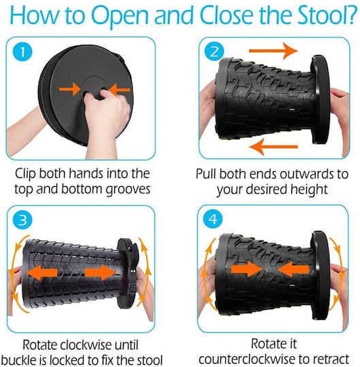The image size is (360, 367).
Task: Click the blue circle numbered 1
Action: point(22,52)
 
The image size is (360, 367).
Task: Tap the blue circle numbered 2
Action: point(214,52)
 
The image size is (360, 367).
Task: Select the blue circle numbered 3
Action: point(22,220)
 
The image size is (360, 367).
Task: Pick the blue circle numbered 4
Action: point(213,220)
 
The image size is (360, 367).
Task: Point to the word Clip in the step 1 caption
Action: point(25,175)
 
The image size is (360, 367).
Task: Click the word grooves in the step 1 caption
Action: point(128,190)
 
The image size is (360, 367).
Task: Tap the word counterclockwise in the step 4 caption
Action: point(247,359)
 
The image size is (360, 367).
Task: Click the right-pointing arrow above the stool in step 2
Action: point(274,51)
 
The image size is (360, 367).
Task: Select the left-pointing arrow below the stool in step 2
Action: point(274,147)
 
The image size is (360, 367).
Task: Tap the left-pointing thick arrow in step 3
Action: point(42,273)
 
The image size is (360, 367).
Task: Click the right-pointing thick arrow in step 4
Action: point(247,269)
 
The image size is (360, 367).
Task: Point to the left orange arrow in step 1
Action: point(70,89)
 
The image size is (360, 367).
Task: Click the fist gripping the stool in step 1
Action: point(107,107)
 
